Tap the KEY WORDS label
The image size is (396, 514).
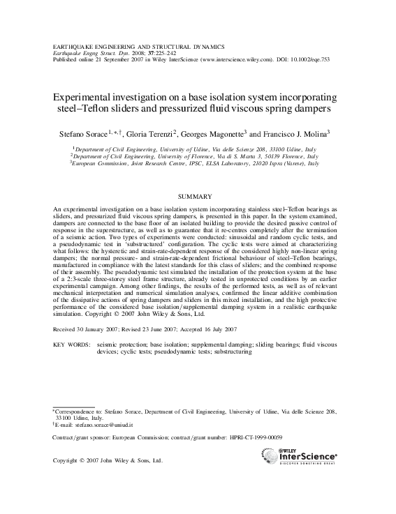[72, 345]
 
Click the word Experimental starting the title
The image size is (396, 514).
[82, 98]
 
